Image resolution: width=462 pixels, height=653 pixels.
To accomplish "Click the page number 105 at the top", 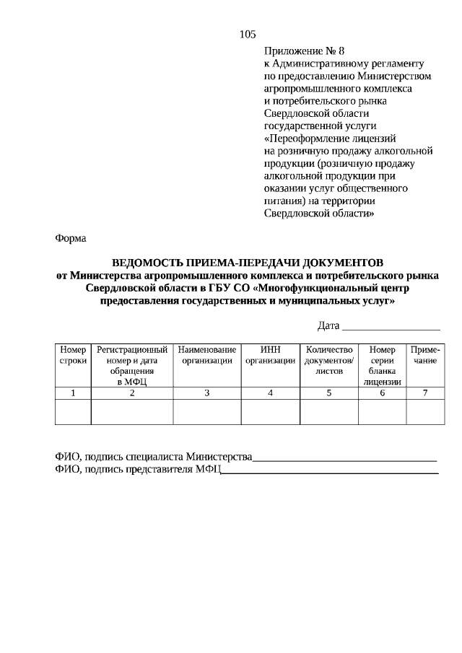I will (x=247, y=34).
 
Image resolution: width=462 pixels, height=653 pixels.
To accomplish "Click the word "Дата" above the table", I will (x=328, y=326).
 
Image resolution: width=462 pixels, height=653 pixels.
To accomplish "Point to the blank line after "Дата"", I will (x=391, y=328).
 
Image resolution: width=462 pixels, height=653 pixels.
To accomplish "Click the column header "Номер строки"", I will (x=73, y=354).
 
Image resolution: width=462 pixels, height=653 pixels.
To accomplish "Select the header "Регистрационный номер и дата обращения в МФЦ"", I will (x=132, y=365).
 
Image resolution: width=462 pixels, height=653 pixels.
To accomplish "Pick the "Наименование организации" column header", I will (x=206, y=354).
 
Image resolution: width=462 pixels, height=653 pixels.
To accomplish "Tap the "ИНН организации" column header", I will (x=270, y=354).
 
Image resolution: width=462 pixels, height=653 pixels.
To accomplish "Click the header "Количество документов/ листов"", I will (x=328, y=359).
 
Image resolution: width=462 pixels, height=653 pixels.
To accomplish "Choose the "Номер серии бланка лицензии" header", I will (x=382, y=365).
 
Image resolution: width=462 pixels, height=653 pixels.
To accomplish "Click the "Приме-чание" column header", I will (x=425, y=354).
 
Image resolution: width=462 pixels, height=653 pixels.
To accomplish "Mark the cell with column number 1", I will (x=73, y=393).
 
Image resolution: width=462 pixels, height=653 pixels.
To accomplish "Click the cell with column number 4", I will (x=270, y=393).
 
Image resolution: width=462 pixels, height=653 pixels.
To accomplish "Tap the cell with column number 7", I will (x=425, y=393).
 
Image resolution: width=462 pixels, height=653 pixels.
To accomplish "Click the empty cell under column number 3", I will (x=206, y=411).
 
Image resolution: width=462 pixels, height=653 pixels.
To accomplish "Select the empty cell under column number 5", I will (x=328, y=411).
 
